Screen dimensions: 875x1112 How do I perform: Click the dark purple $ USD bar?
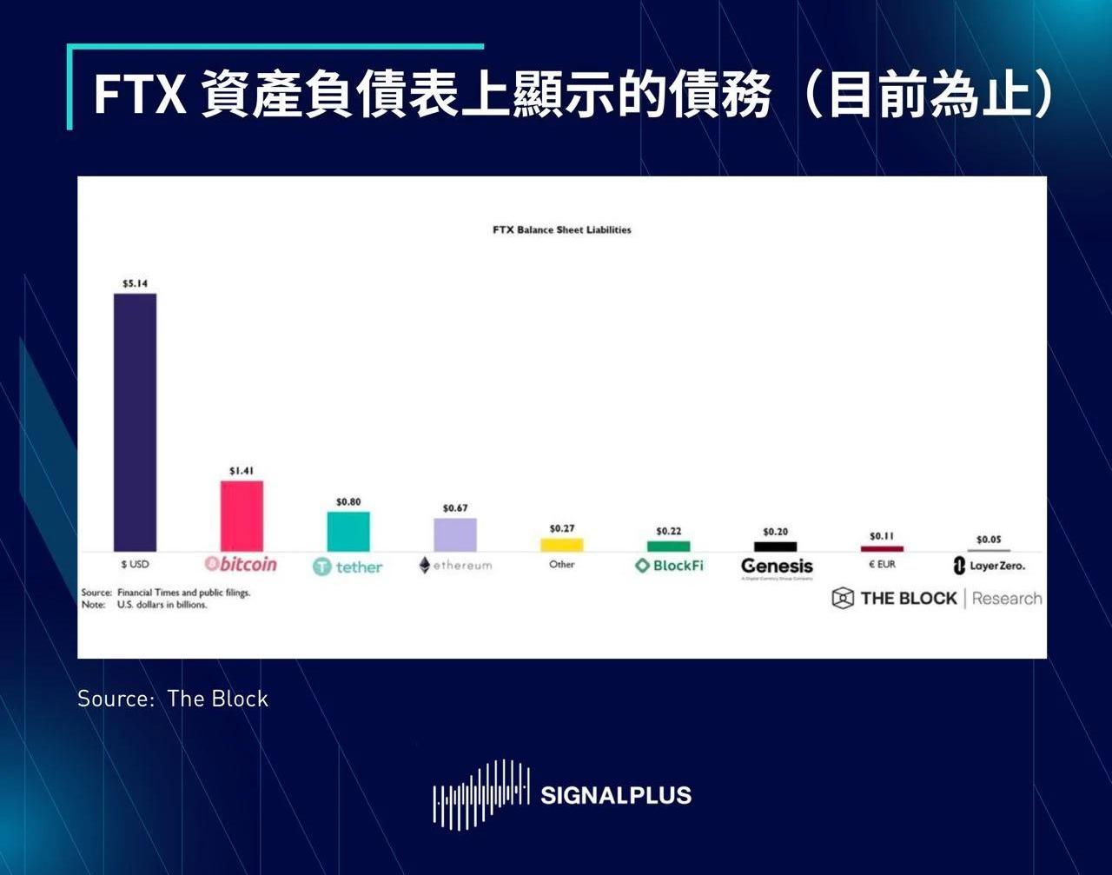coord(135,422)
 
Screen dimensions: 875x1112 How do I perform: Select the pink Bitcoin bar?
coord(242,516)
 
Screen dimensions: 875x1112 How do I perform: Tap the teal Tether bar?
coord(348,531)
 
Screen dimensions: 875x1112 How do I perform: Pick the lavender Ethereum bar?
coord(455,534)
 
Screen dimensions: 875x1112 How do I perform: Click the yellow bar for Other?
coord(562,545)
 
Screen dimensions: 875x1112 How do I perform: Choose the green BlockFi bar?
coord(669,547)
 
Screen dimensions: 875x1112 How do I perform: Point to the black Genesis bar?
coord(775,547)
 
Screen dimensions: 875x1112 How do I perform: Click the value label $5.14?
coord(135,283)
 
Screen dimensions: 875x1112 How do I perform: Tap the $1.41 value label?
coord(242,471)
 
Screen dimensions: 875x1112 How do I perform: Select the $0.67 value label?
coord(455,507)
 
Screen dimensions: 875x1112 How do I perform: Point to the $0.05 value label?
coord(989,540)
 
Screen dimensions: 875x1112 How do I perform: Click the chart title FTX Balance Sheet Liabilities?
coord(561,230)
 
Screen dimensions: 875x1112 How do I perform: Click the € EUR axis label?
coord(882,565)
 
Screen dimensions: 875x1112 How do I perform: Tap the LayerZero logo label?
coord(989,566)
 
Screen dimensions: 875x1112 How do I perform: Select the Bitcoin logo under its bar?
coord(241,565)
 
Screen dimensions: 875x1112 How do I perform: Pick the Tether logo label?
coord(347,567)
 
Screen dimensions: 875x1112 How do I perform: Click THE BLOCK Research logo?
coord(937,598)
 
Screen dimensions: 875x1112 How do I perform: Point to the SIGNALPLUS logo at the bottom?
coord(562,794)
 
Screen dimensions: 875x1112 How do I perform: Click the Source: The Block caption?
coord(173,699)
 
